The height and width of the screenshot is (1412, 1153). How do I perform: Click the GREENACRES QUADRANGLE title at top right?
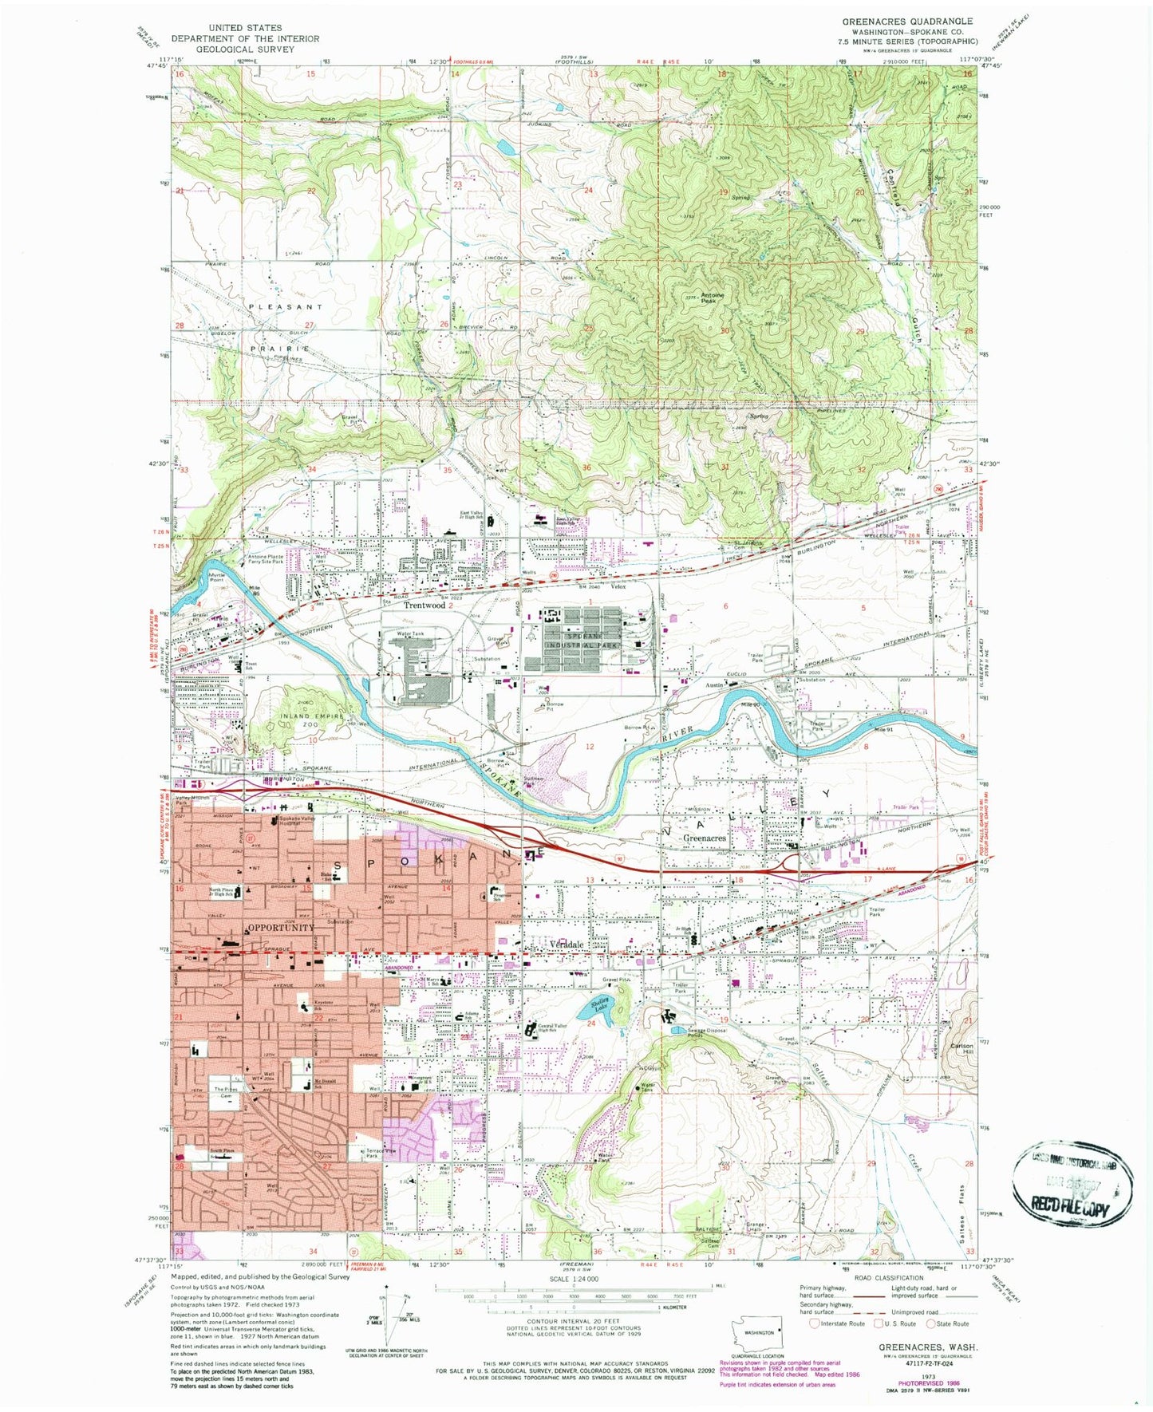[907, 22]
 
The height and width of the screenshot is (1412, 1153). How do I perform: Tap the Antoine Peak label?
[713, 297]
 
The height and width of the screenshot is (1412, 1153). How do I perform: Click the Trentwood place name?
[424, 605]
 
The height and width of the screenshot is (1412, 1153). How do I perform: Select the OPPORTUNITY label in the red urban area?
[280, 928]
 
